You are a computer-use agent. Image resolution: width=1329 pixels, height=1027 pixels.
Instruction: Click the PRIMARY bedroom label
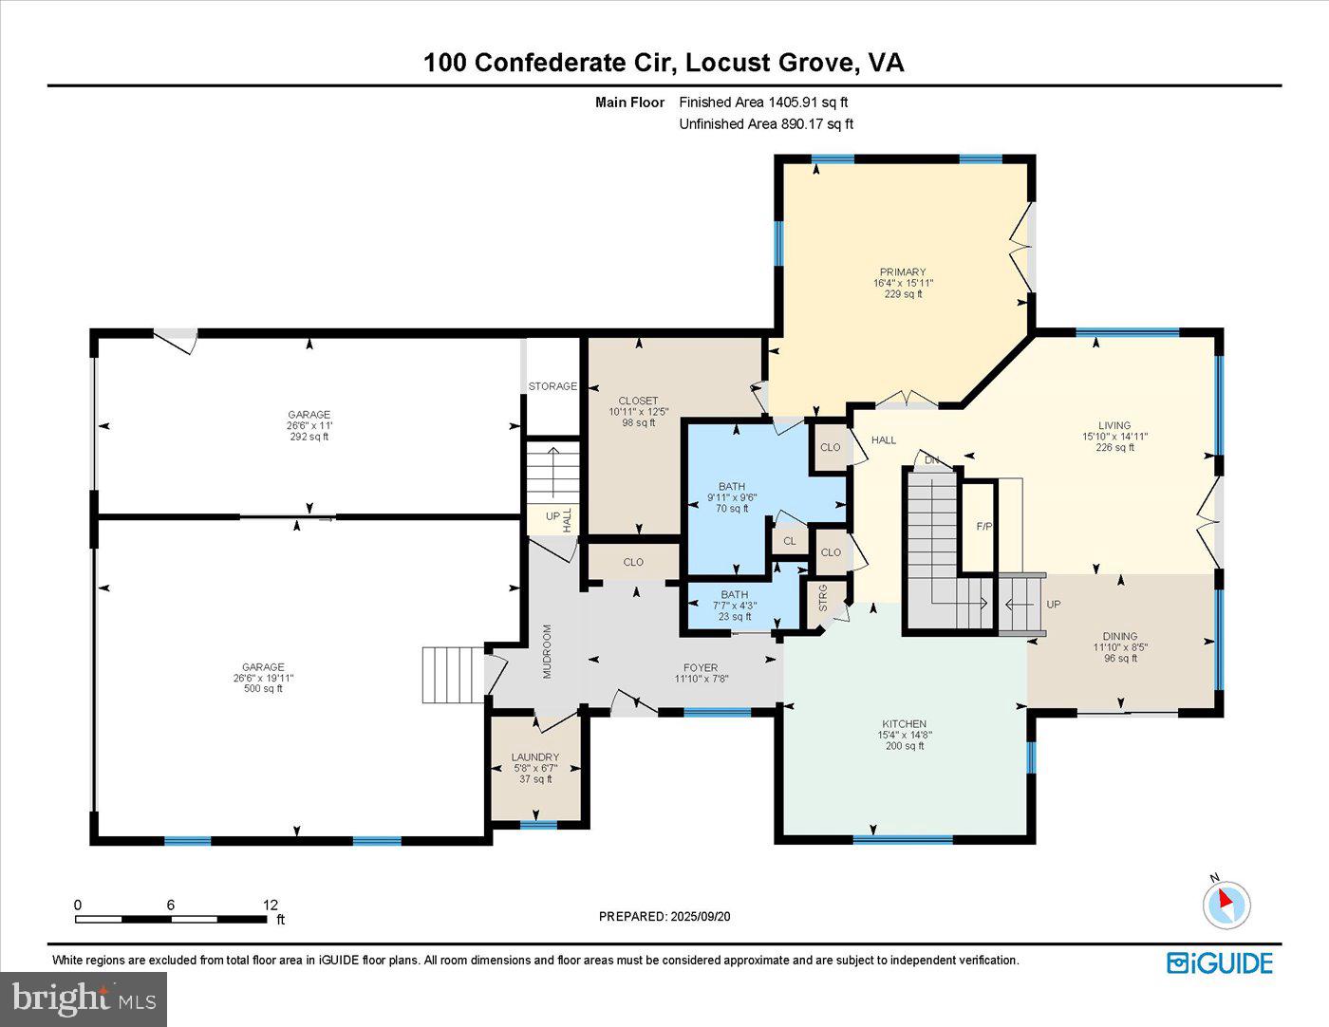(903, 272)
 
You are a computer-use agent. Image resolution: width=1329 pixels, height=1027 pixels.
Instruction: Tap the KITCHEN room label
(904, 724)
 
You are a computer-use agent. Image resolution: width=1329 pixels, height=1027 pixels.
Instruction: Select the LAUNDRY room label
(535, 756)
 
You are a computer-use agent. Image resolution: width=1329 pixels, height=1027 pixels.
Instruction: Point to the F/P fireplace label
(984, 526)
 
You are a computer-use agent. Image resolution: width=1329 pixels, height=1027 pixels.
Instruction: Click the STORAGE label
(552, 386)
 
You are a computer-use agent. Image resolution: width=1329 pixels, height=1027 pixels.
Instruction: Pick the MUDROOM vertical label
(548, 651)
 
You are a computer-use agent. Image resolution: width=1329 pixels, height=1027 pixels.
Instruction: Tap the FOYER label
(701, 667)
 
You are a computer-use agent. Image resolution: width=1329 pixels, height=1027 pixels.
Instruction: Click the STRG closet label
(823, 598)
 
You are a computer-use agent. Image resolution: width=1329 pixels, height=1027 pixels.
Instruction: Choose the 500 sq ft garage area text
(263, 689)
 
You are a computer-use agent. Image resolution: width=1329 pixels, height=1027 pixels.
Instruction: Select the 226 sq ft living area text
(1115, 447)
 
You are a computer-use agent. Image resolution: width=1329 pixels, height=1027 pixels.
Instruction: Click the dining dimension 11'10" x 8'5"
(1120, 647)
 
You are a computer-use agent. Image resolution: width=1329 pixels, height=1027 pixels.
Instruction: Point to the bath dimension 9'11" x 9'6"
(732, 497)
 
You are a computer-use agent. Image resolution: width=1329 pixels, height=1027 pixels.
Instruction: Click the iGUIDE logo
(1220, 962)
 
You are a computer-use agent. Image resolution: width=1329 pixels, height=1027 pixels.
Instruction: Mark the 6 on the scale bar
(171, 905)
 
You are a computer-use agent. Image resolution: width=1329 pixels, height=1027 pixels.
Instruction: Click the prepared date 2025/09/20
(701, 916)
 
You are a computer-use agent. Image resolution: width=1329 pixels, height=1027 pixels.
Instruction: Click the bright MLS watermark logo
(84, 999)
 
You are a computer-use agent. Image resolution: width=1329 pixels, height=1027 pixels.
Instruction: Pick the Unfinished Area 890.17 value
(802, 124)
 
